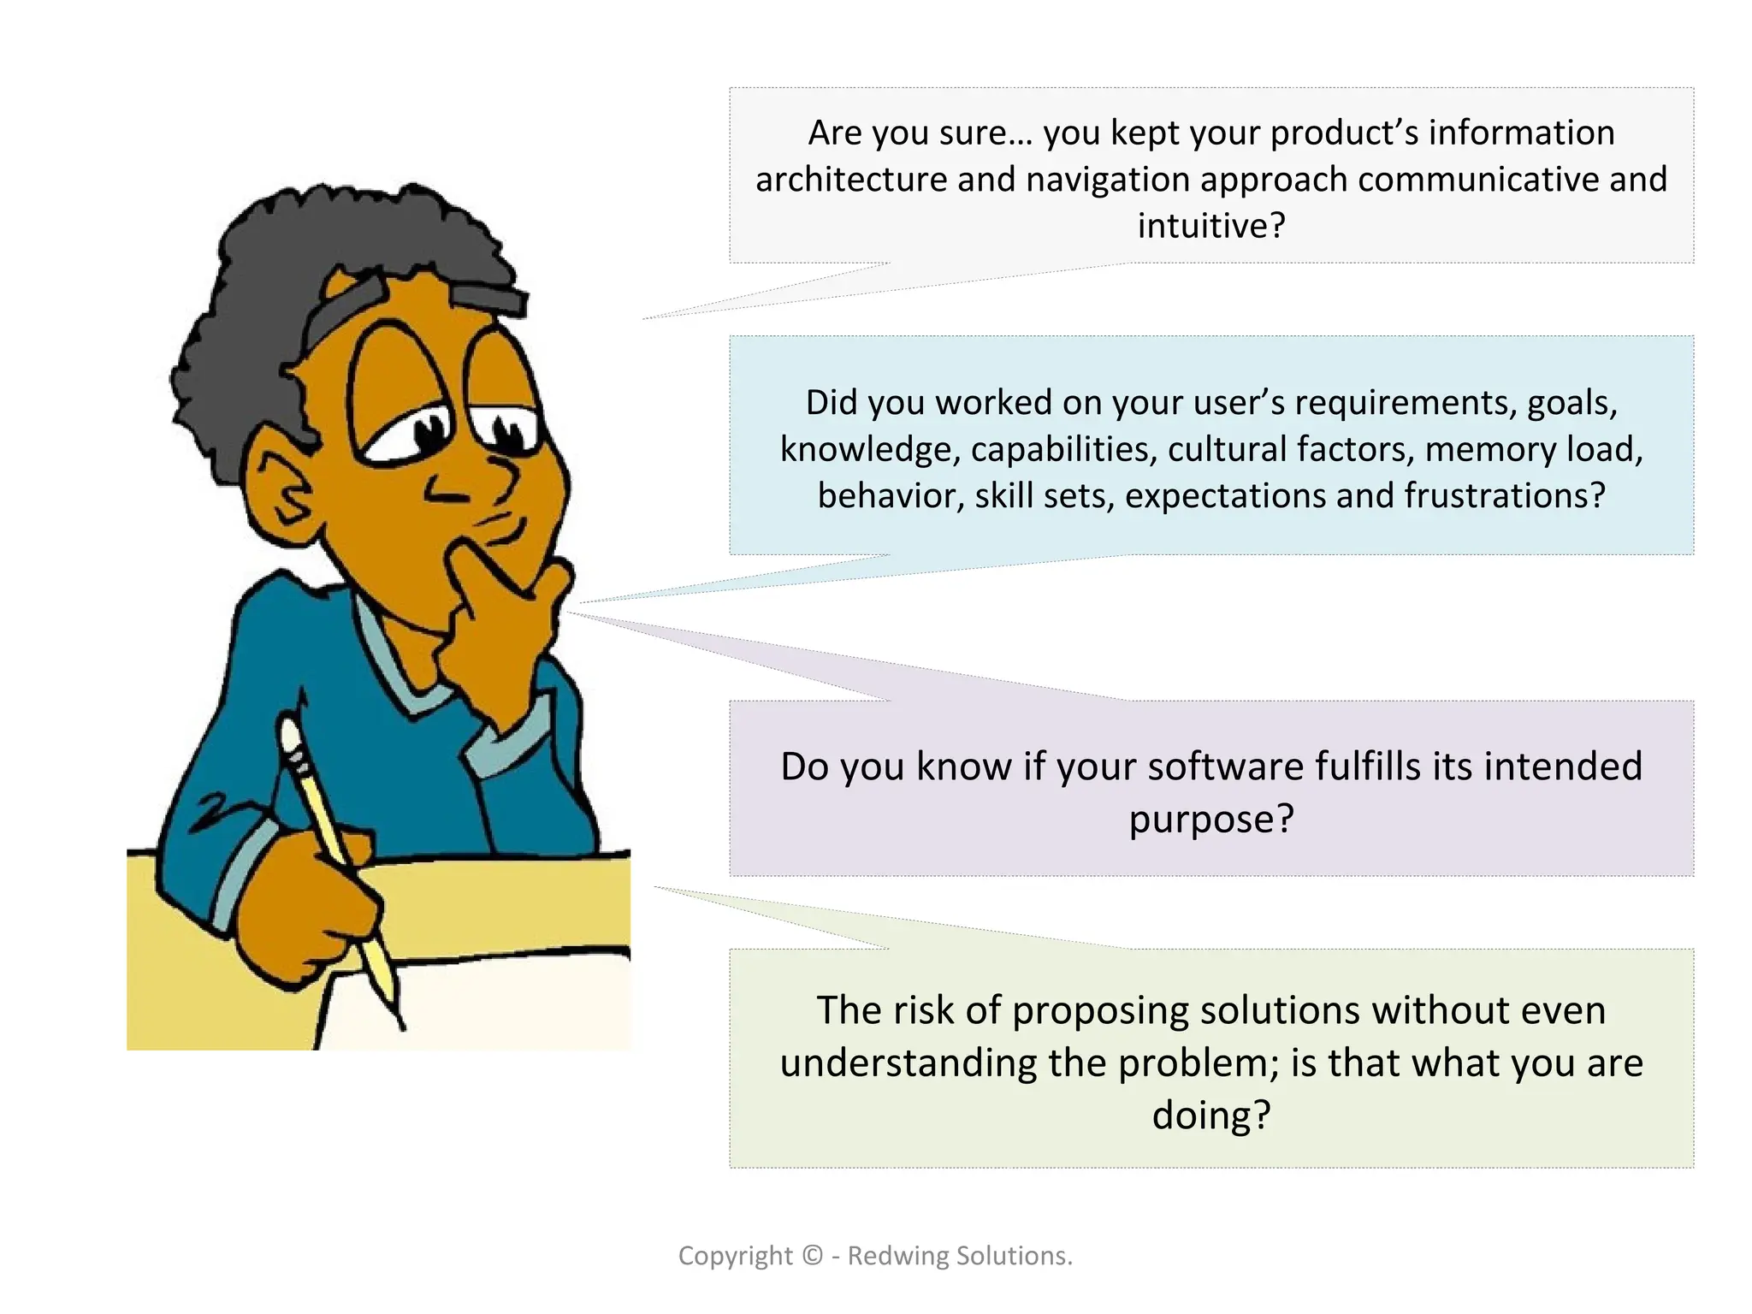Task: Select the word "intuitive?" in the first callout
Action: pos(1210,226)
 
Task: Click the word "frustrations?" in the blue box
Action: pos(1505,496)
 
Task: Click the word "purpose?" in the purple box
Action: pos(1210,820)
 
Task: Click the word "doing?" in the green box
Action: pos(1210,1116)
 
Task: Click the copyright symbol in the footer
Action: pos(812,1256)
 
